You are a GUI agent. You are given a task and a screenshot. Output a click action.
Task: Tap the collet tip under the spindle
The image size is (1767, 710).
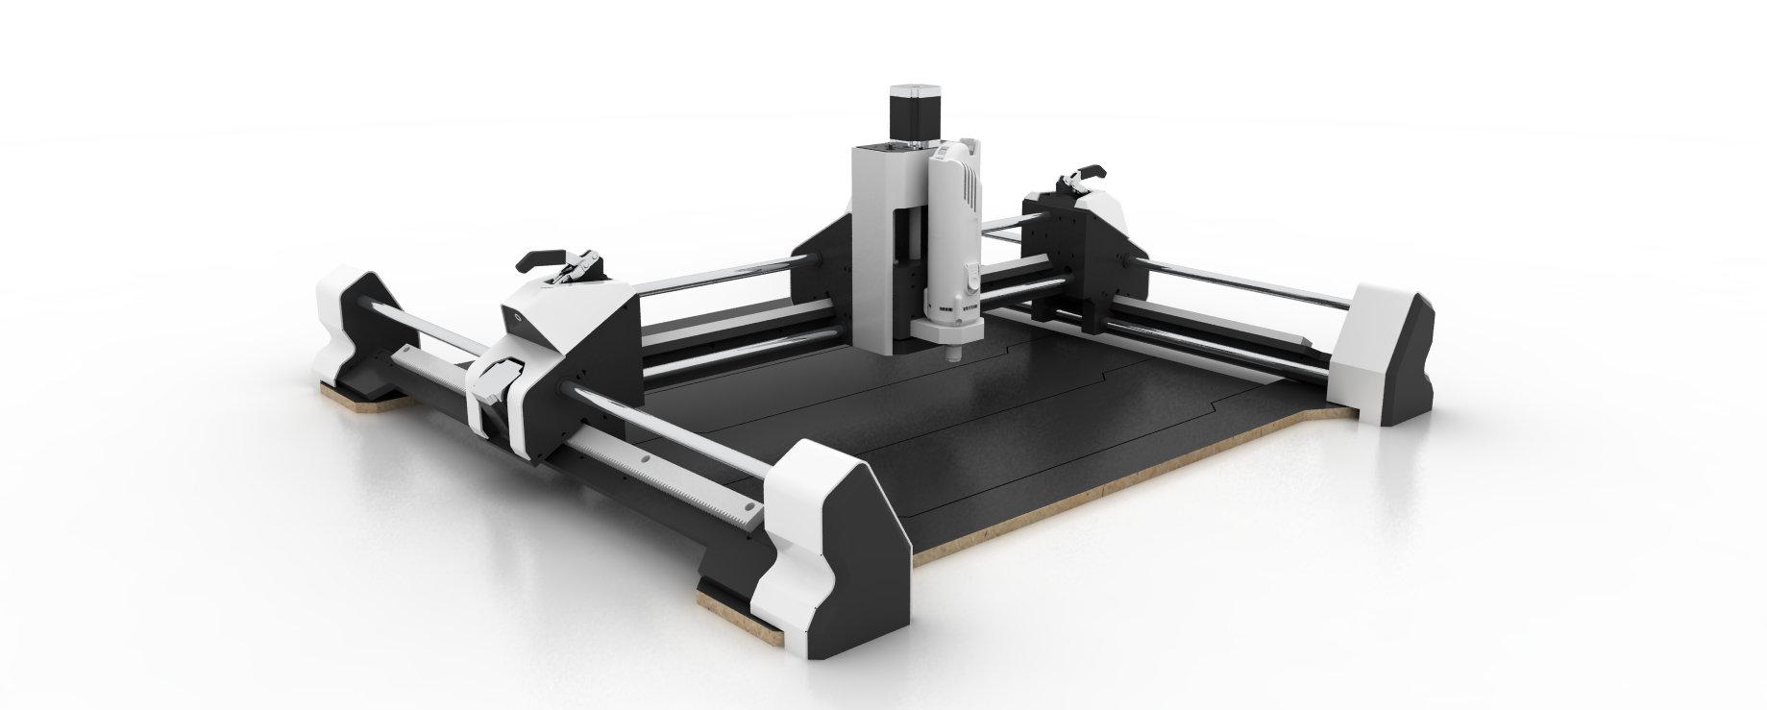coord(954,356)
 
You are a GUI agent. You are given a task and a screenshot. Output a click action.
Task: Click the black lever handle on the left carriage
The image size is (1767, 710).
coord(538,259)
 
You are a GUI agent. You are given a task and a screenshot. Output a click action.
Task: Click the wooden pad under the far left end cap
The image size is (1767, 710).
coord(356,402)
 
